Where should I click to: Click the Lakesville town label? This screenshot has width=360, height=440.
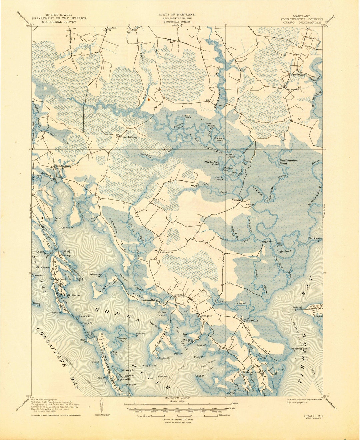pos(166,253)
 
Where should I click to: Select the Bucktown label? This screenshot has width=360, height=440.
pos(293,90)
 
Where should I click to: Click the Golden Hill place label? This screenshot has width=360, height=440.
pos(63,166)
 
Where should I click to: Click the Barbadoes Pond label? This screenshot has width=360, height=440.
pos(212,163)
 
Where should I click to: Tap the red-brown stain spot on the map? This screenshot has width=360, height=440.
pos(149,98)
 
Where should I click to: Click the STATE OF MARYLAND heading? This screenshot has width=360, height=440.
pos(177,15)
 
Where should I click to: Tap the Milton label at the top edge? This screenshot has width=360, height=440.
pos(112,28)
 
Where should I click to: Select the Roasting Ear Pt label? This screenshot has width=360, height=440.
pos(299,350)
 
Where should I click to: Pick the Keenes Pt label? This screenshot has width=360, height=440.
pos(67,228)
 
